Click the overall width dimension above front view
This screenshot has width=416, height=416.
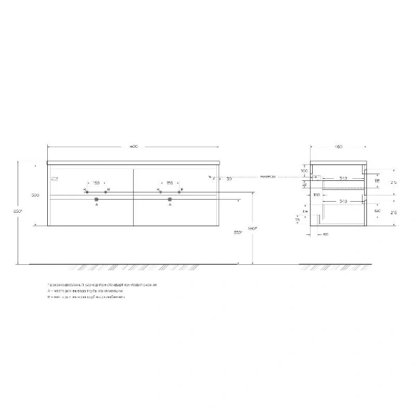tap(133, 147)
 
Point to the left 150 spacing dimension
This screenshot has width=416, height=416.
tap(96, 184)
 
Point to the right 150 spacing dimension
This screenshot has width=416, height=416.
tap(169, 184)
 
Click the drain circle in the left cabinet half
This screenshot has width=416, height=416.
tap(96, 200)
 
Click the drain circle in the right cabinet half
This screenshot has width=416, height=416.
tap(169, 200)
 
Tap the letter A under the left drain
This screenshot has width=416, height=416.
tap(96, 207)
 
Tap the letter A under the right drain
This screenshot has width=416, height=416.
tap(169, 207)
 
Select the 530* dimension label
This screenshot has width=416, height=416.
tap(238, 232)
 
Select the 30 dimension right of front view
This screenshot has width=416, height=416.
tap(228, 179)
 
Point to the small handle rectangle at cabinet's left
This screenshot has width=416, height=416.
tap(53, 180)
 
